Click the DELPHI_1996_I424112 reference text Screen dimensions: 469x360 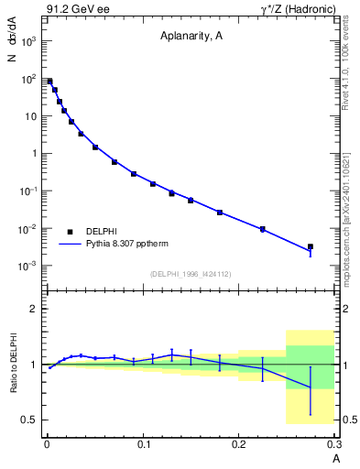click(190, 274)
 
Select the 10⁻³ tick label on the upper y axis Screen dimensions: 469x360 click(28, 266)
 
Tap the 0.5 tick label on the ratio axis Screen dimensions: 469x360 click(29, 420)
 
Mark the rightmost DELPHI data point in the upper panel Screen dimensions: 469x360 click(311, 246)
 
